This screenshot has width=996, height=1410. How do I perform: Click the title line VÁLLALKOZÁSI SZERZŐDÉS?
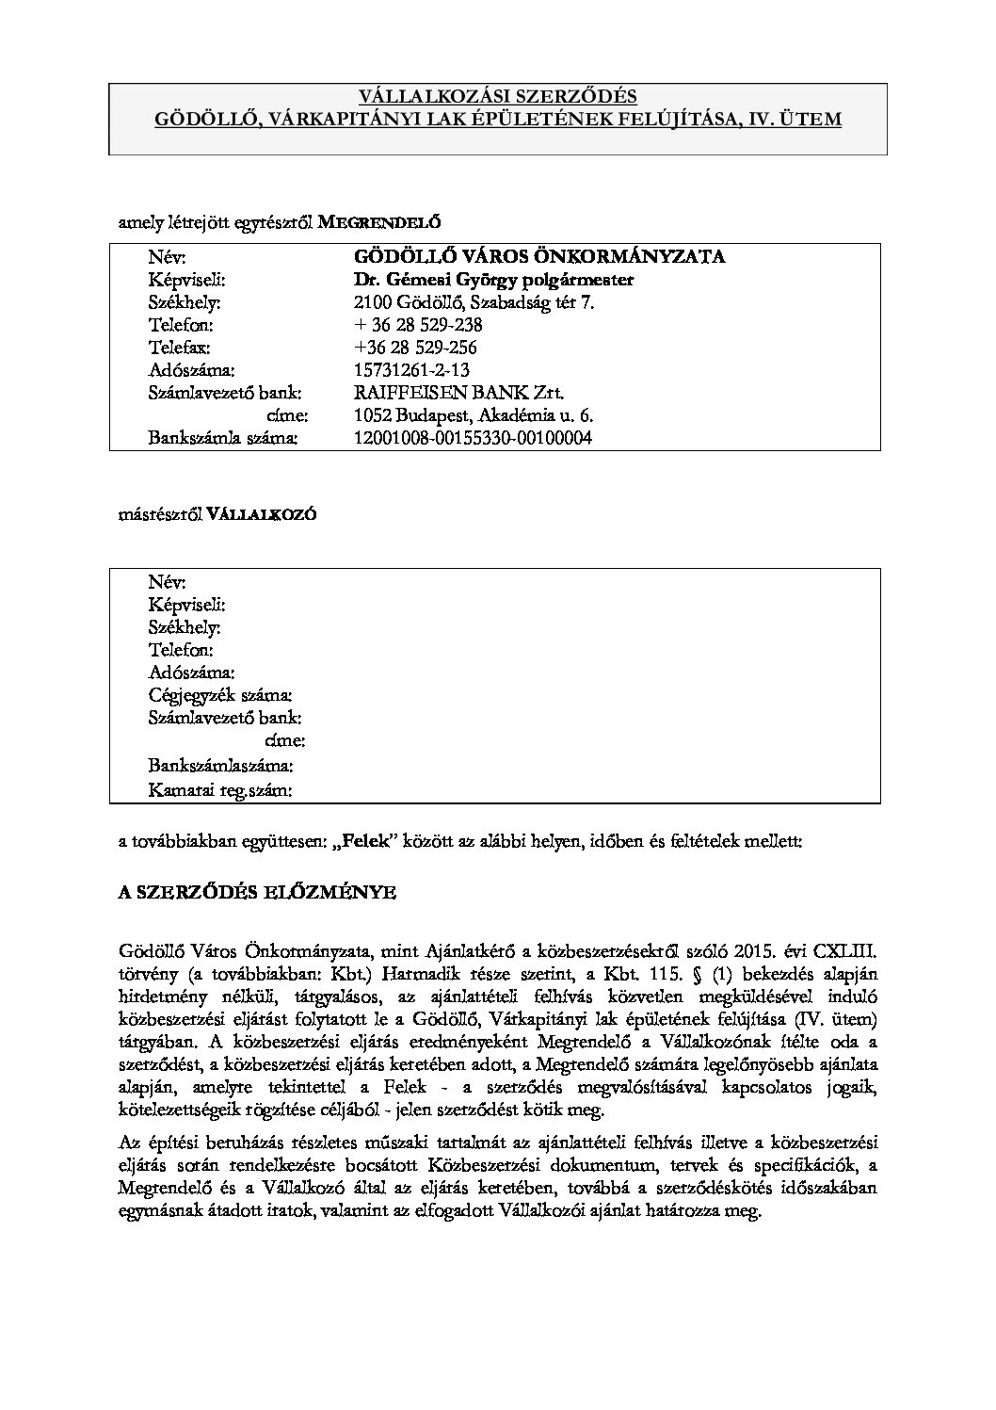pos(498,97)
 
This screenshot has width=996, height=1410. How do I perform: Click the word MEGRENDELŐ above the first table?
pos(378,223)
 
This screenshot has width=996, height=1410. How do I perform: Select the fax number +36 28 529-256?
pos(415,348)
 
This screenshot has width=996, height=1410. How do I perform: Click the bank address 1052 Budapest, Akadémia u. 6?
pos(474,415)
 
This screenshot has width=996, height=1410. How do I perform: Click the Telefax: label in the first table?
pos(179,348)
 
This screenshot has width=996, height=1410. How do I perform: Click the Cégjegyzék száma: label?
pos(219,695)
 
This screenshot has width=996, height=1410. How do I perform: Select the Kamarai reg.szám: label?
pos(219,790)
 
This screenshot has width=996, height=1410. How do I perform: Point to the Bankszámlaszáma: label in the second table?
pos(220,766)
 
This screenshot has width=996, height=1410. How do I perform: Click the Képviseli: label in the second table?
pos(186,605)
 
